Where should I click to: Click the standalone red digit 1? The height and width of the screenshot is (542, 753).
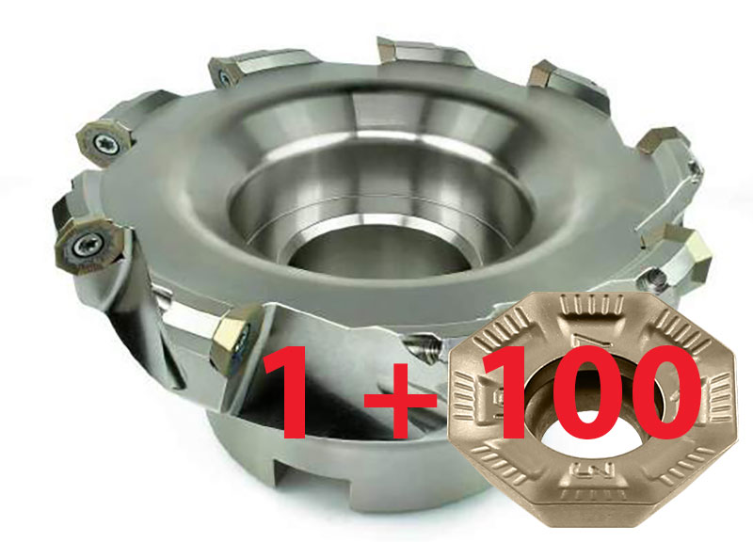(288, 391)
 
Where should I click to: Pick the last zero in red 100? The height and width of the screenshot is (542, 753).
(661, 391)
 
